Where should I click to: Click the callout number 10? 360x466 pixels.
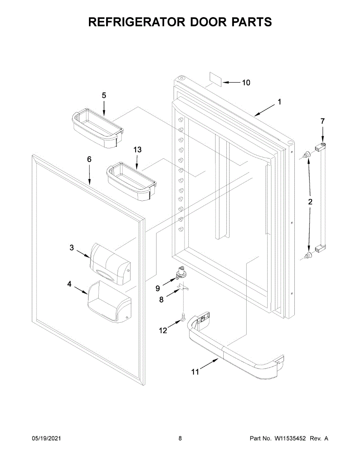tap(246, 82)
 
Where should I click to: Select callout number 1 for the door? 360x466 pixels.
tap(279, 102)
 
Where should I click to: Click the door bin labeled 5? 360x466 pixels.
tap(97, 130)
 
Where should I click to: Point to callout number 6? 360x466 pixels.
tap(89, 159)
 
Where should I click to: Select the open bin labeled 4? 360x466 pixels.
tap(109, 303)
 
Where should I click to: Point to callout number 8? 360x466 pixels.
tap(161, 299)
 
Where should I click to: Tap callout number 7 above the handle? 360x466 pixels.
tap(322, 122)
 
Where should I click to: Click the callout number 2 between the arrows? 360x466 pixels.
tap(310, 202)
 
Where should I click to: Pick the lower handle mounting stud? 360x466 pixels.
tap(308, 256)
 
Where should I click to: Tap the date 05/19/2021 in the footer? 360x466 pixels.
tap(46, 438)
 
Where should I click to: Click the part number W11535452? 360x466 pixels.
tap(290, 438)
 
